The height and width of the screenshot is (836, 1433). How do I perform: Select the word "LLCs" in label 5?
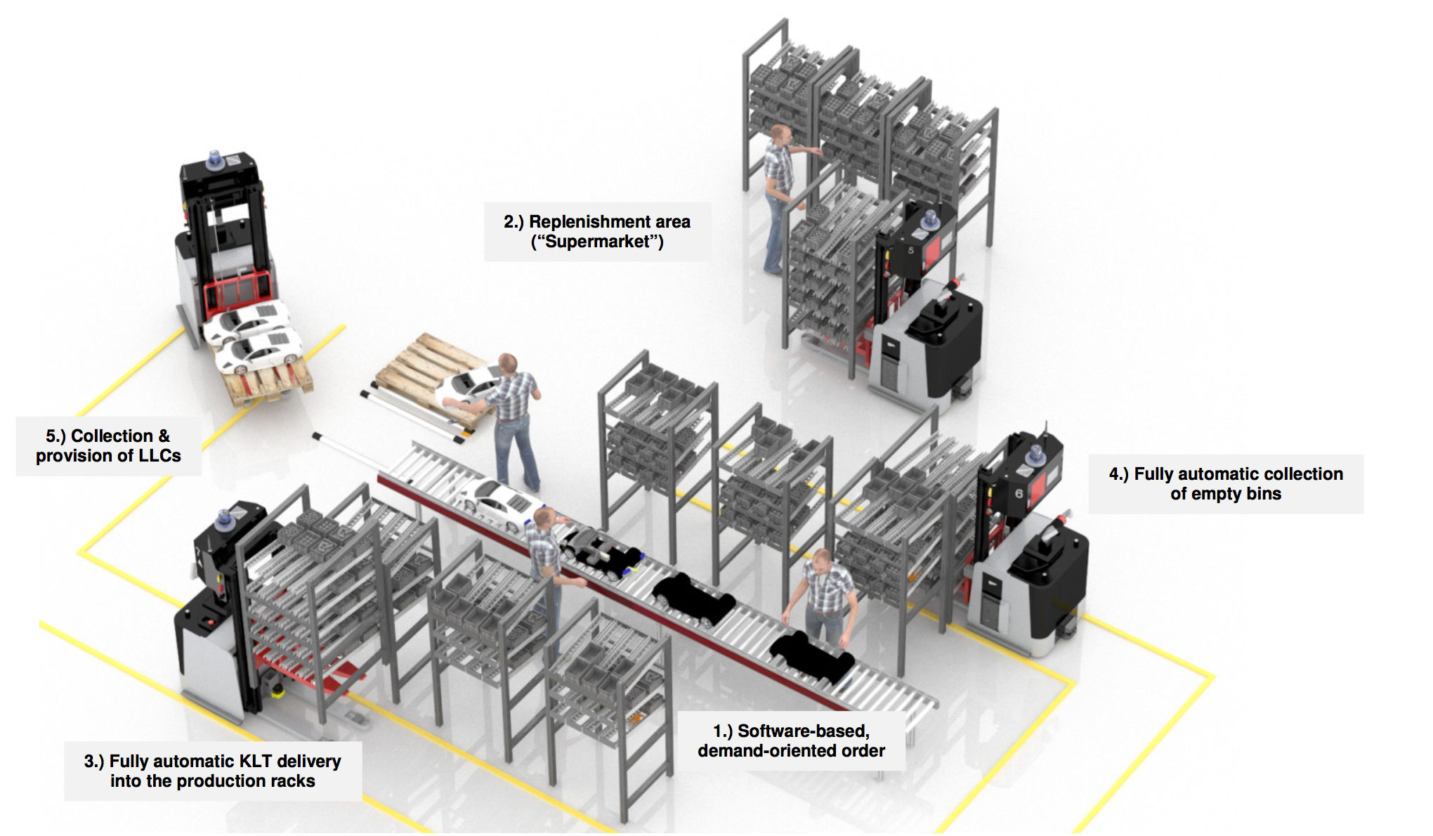tap(159, 456)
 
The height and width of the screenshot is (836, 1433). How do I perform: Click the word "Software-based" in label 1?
tap(803, 731)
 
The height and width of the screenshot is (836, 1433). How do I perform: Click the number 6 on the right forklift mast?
tap(1019, 494)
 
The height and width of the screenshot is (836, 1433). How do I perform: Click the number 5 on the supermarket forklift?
tap(911, 250)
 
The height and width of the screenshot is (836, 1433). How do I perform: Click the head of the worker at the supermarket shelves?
tap(780, 133)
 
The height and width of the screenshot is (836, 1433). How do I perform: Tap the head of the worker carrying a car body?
tap(508, 365)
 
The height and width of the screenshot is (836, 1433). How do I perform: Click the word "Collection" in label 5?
tap(112, 436)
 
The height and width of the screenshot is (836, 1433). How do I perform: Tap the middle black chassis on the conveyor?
tap(693, 599)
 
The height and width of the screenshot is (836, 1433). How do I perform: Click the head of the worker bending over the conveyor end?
tap(820, 561)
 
